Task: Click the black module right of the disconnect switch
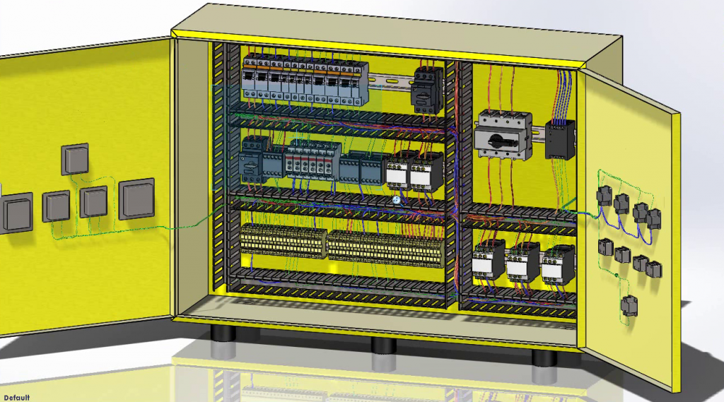coord(559,139)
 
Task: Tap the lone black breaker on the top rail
coord(426,90)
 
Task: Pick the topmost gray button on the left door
coord(75,159)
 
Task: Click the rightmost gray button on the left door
coord(136,199)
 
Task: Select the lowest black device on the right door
coord(629,305)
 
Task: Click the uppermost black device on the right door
coord(605,195)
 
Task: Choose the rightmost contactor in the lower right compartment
coord(558,264)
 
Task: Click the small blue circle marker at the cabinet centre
coord(398,201)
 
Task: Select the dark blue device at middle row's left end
coord(252,160)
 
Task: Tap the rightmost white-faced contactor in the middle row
coord(426,172)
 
